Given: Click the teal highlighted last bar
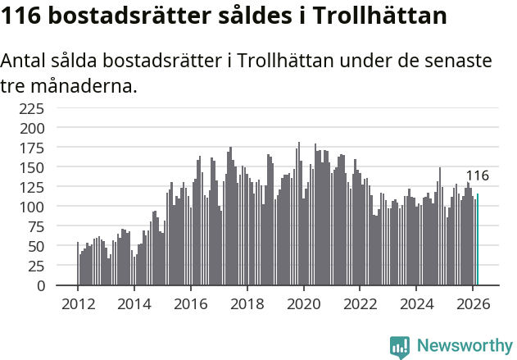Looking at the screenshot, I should (x=478, y=240).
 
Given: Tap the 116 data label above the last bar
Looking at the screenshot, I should (x=477, y=175).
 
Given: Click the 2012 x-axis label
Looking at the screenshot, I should (x=78, y=303).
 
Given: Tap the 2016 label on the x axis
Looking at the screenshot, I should (x=190, y=303).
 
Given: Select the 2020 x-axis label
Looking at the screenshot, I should (x=303, y=303).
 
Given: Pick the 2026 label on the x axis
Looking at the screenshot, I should (x=473, y=303).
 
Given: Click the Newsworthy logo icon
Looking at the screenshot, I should (x=400, y=347).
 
